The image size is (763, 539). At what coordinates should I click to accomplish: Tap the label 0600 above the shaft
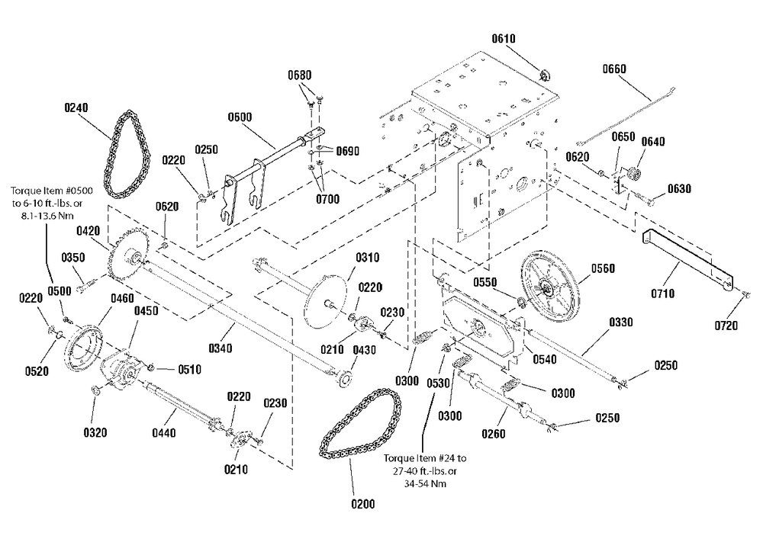240,117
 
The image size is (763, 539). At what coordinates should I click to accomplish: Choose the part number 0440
163,432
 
